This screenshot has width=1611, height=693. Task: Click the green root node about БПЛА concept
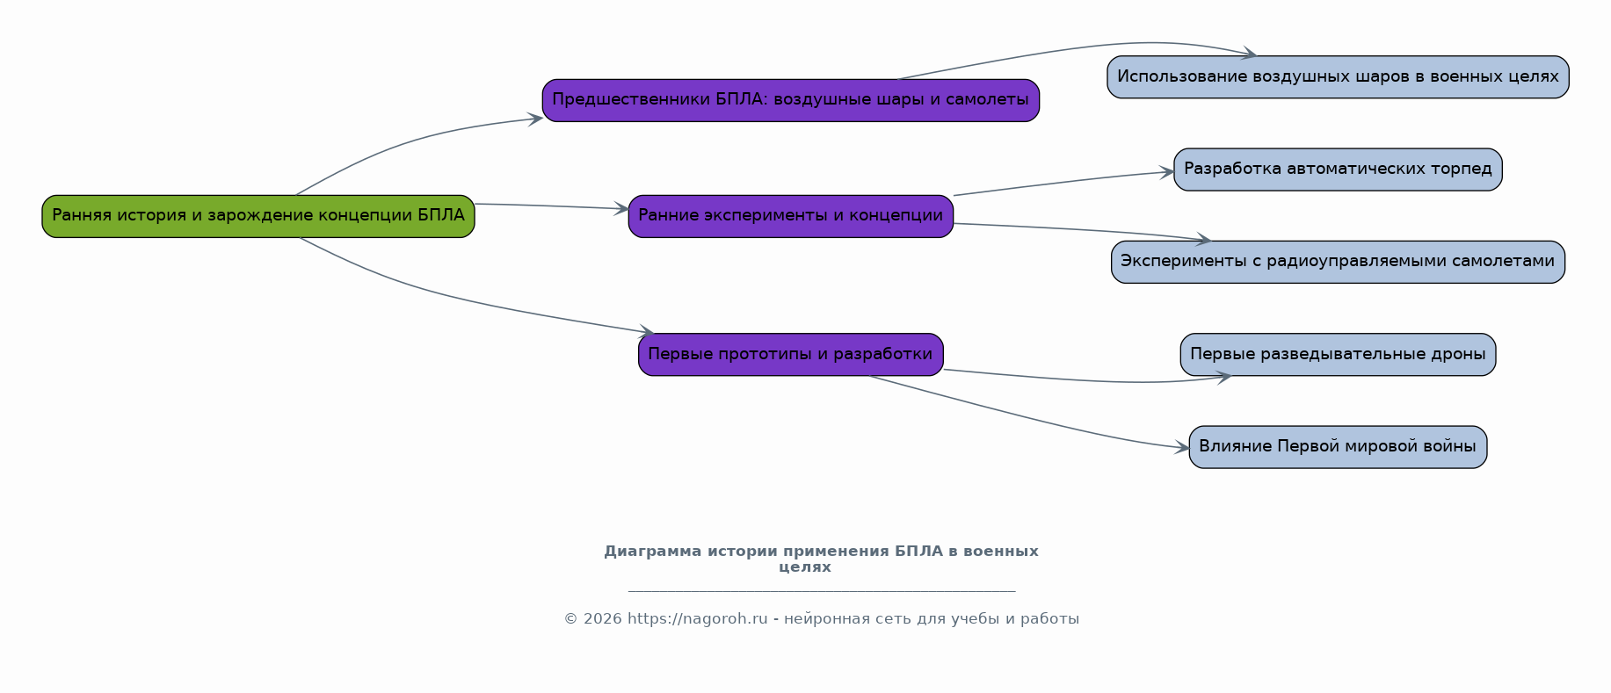click(x=258, y=216)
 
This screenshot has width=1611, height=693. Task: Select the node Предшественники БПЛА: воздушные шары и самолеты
click(x=791, y=100)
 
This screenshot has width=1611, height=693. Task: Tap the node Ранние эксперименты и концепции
click(x=791, y=216)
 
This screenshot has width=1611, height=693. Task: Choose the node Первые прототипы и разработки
click(x=791, y=355)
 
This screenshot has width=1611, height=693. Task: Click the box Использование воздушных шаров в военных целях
click(x=1338, y=77)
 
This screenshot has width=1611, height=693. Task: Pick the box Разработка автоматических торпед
click(x=1338, y=170)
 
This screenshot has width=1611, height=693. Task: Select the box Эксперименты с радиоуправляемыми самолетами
click(x=1338, y=262)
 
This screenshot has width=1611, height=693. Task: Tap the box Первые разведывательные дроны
click(x=1338, y=355)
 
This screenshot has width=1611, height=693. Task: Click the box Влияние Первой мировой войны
click(x=1338, y=447)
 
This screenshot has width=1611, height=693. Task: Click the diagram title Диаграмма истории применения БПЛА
click(x=821, y=559)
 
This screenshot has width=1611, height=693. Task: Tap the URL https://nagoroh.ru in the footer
click(x=698, y=618)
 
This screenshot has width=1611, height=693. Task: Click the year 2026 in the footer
click(x=601, y=618)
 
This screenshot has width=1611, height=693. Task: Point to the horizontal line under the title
click(x=822, y=591)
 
